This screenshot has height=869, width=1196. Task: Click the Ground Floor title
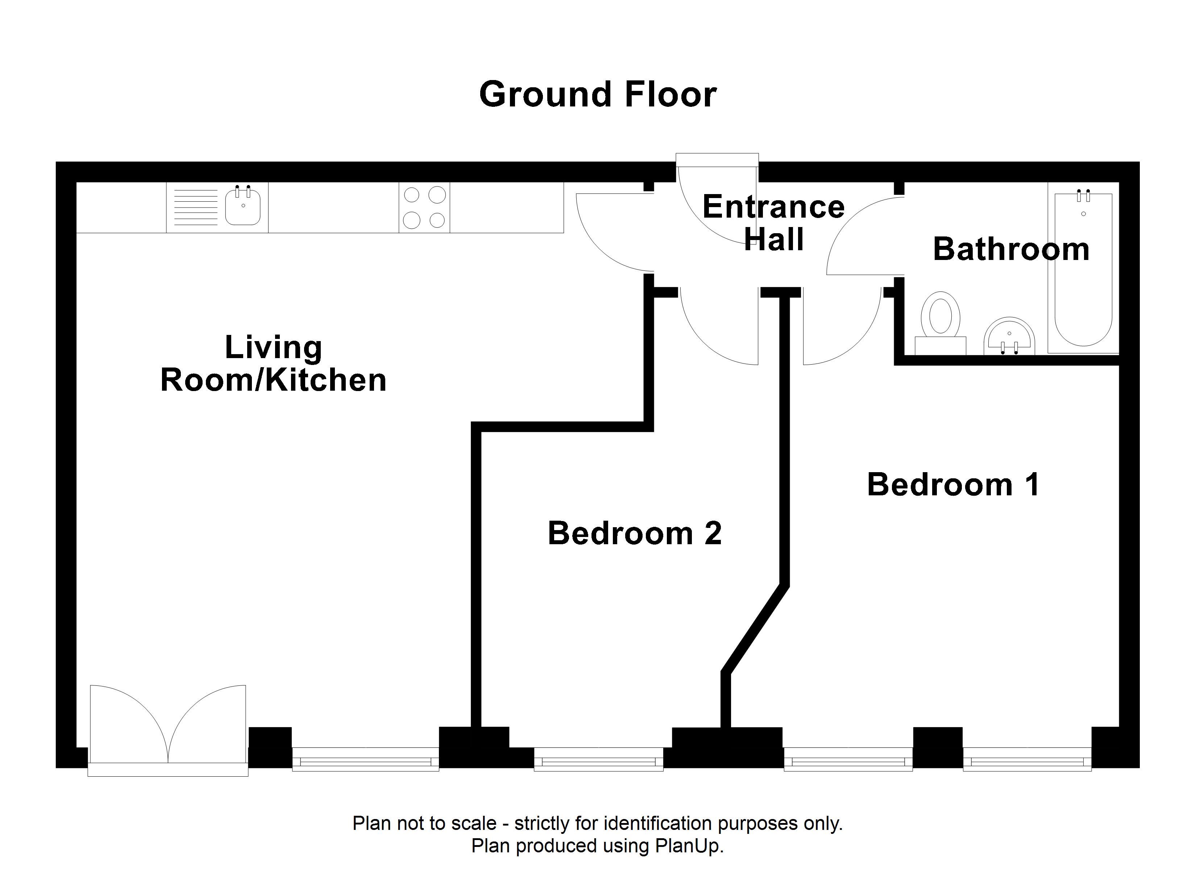click(x=598, y=95)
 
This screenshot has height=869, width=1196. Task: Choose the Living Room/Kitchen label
click(x=273, y=364)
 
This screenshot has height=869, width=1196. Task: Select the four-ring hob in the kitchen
click(x=424, y=207)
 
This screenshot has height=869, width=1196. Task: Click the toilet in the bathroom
click(x=940, y=323)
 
